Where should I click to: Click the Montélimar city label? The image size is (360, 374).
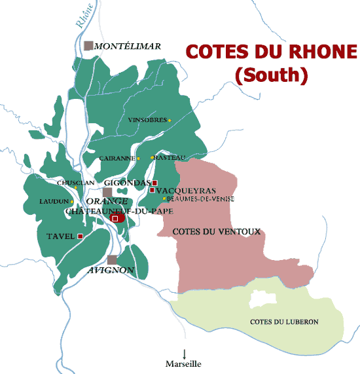click(x=128, y=47)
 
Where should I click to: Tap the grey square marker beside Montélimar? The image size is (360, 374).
click(x=88, y=45)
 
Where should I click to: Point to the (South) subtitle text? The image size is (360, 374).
click(x=271, y=75)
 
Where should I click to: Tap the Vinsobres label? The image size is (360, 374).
click(x=147, y=121)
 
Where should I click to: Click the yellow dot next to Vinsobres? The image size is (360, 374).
click(x=170, y=120)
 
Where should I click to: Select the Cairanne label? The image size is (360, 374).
click(x=117, y=159)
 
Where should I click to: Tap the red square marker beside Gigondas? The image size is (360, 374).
click(x=155, y=182)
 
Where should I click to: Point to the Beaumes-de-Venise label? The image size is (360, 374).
click(x=200, y=198)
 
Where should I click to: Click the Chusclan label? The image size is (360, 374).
click(x=76, y=183)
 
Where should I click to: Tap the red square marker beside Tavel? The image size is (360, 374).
click(x=80, y=236)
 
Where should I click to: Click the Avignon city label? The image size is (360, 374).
click(x=111, y=270)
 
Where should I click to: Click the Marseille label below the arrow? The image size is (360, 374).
click(x=185, y=364)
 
